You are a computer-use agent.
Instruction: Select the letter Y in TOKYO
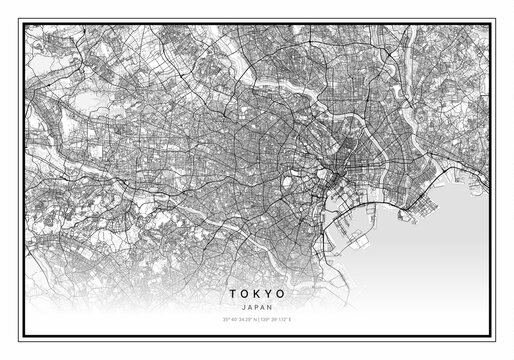[269, 294]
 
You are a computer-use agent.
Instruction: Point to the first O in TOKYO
[243, 294]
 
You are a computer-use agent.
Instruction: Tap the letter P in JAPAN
[256, 306]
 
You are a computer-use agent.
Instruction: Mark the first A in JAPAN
[248, 306]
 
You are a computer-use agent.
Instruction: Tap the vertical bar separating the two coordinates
[257, 319]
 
